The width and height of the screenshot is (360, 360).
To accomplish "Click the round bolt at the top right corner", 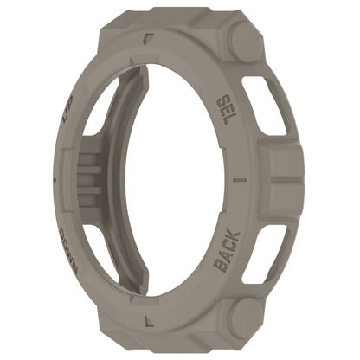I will coord(245,41).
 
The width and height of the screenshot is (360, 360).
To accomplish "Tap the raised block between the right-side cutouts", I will coord(282,178).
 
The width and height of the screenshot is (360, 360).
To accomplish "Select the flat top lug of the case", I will coord(173,19).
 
